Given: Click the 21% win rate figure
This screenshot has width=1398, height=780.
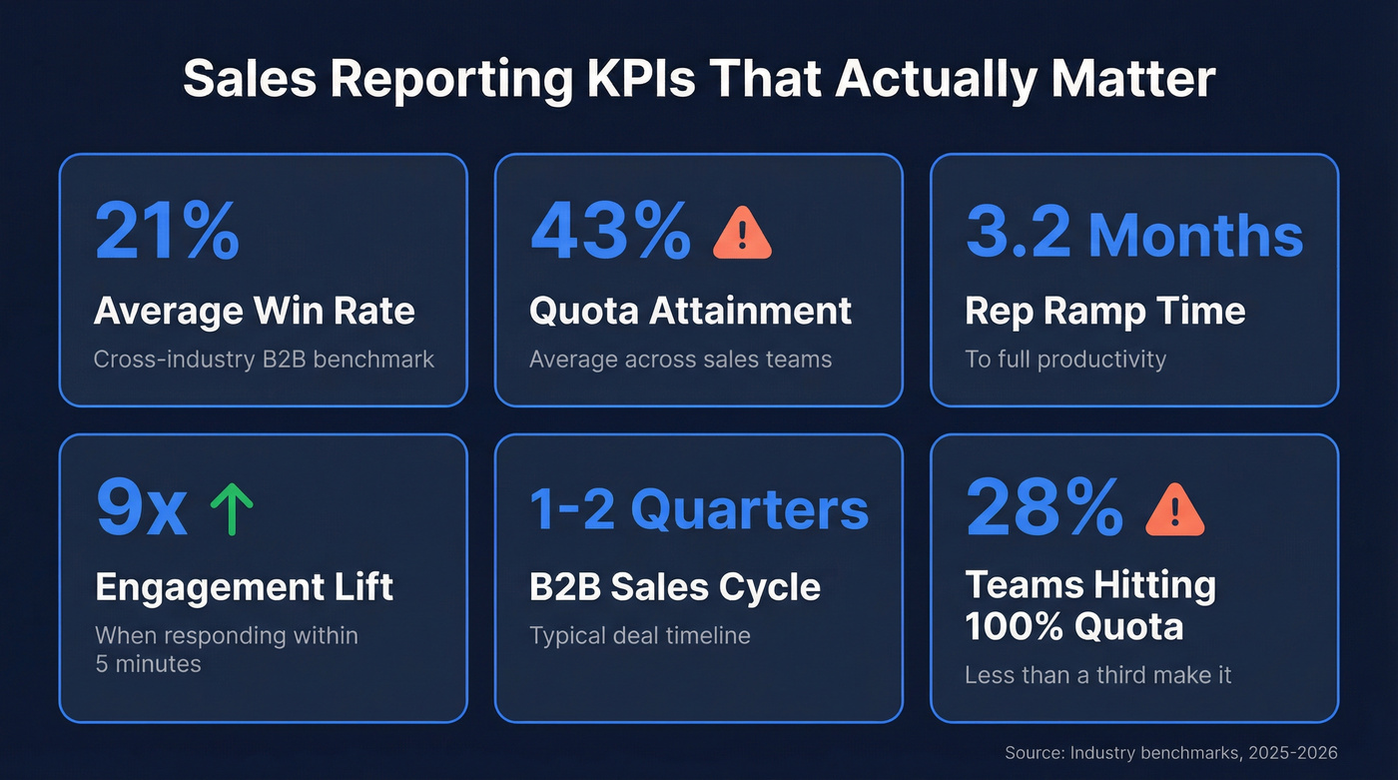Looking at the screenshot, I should (x=167, y=231).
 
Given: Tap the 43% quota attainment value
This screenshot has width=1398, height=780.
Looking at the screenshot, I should (x=610, y=231).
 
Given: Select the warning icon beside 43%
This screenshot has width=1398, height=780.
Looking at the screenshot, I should (x=742, y=234).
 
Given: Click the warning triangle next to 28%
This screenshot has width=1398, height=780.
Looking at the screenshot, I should (x=1175, y=511).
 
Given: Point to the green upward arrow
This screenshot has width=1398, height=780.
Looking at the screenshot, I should (x=232, y=509).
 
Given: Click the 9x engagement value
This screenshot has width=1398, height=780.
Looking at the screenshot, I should (x=141, y=509).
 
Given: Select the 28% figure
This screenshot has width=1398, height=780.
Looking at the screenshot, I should (x=1044, y=509).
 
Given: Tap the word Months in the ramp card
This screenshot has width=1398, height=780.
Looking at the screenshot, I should (x=1195, y=235).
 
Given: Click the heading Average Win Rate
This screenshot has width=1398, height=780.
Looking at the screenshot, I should (x=254, y=311).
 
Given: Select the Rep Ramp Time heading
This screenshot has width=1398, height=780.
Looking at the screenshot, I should (x=1104, y=311).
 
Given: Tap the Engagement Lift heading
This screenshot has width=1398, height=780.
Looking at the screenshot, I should (x=245, y=586).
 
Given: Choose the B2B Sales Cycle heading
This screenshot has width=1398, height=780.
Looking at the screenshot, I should (x=675, y=586).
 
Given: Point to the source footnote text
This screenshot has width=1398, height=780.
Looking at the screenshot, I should (x=1170, y=752).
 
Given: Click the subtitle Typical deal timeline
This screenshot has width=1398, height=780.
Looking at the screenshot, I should (x=639, y=635).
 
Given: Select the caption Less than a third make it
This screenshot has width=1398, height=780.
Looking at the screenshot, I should (x=1097, y=675).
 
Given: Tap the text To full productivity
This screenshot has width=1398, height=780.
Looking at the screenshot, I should (x=1064, y=360).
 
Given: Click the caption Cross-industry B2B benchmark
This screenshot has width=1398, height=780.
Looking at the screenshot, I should (x=264, y=360).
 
